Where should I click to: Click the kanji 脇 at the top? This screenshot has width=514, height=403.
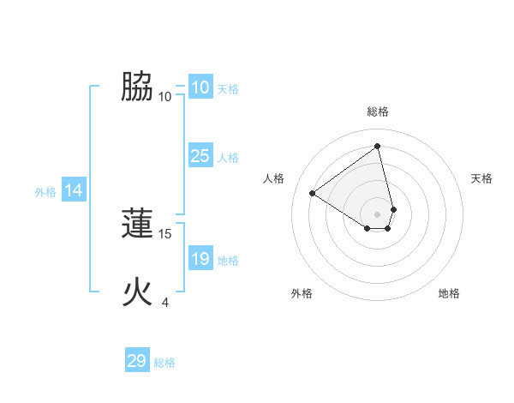(x=137, y=87)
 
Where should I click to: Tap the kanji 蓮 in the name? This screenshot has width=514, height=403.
(x=137, y=224)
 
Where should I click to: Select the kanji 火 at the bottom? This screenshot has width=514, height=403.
(x=137, y=292)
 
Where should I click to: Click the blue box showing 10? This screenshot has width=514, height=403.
(x=200, y=87)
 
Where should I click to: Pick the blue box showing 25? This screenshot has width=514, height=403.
(x=200, y=156)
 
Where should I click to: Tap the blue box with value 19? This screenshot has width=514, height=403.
(x=200, y=259)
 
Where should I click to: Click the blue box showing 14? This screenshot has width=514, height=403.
(x=74, y=191)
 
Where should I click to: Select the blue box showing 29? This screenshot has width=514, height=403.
(x=137, y=361)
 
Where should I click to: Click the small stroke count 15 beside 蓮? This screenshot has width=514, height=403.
(x=166, y=233)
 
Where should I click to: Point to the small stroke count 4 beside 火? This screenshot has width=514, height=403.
(x=165, y=302)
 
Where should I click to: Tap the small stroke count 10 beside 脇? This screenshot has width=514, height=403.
(x=165, y=96)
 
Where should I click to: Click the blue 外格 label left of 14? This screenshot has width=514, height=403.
(x=45, y=192)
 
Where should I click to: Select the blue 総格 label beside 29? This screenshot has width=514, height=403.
(x=164, y=363)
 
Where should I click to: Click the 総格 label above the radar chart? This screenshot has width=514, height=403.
(x=378, y=111)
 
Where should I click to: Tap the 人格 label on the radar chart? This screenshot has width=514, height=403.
(x=274, y=178)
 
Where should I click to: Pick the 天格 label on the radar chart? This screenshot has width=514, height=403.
(x=481, y=178)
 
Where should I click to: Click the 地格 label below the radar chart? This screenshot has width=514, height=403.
(x=449, y=293)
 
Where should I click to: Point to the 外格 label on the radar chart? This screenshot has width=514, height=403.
(x=302, y=293)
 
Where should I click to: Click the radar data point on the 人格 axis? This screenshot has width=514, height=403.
(x=312, y=193)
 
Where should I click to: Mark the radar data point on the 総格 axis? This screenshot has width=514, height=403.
(x=378, y=146)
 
